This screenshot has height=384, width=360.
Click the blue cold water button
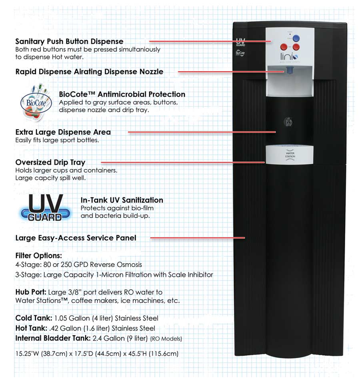(x=296, y=38)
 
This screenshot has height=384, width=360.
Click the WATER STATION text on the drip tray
(x=290, y=154)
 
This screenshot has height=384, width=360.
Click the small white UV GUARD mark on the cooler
(x=240, y=42)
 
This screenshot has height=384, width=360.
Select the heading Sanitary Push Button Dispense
(x=69, y=41)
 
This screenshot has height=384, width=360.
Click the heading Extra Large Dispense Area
(x=63, y=132)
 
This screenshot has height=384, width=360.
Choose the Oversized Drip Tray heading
(x=50, y=162)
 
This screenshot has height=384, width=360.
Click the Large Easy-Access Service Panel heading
(x=76, y=238)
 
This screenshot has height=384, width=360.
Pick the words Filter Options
(x=38, y=255)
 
